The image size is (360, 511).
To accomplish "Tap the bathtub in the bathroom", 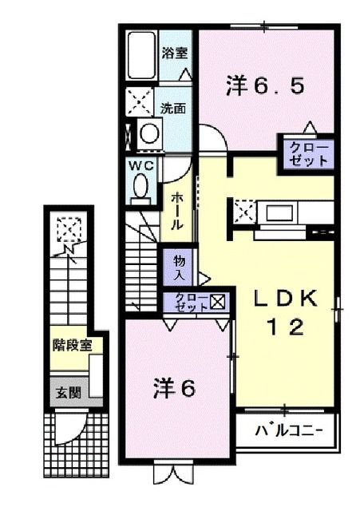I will tap(142, 56).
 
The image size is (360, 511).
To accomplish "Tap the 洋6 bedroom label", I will tap(173, 389).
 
